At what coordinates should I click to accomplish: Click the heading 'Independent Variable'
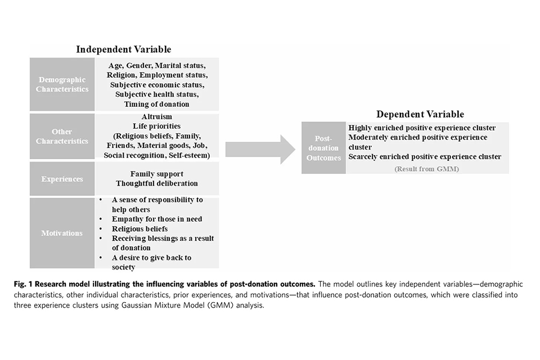pyautogui.click(x=124, y=49)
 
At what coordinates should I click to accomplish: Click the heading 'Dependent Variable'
pyautogui.click(x=420, y=114)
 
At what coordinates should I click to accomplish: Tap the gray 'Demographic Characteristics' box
pyautogui.click(x=62, y=84)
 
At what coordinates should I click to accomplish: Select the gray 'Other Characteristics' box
pyautogui.click(x=62, y=137)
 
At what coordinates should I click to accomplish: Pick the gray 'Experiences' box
pyautogui.click(x=62, y=179)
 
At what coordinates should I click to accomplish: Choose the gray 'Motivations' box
pyautogui.click(x=62, y=233)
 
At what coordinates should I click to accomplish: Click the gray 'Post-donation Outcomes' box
pyautogui.click(x=323, y=147)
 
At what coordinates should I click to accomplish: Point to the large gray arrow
pyautogui.click(x=260, y=149)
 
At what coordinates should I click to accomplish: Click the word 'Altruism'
pyautogui.click(x=157, y=117)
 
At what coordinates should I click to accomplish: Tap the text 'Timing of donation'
pyautogui.click(x=157, y=103)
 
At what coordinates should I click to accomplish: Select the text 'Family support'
pyautogui.click(x=157, y=174)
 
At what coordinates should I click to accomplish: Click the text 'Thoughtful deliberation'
pyautogui.click(x=157, y=183)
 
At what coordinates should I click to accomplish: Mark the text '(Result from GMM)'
pyautogui.click(x=426, y=168)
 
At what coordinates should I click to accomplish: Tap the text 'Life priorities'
pyautogui.click(x=157, y=126)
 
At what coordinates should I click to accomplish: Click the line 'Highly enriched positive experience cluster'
pyautogui.click(x=422, y=128)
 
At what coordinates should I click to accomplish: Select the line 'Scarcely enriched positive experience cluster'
pyautogui.click(x=425, y=156)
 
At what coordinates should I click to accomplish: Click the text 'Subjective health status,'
pyautogui.click(x=157, y=94)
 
